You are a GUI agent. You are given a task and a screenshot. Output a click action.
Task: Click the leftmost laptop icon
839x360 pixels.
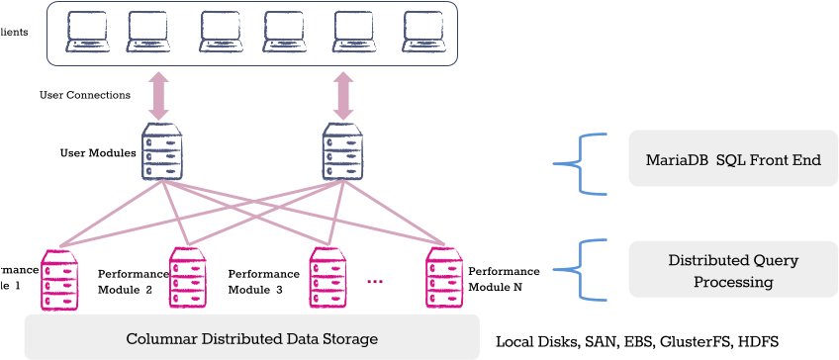tap(87, 32)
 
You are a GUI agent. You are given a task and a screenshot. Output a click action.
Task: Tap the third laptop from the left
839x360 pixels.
tap(220, 32)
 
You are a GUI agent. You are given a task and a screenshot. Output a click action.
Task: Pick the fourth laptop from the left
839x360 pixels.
tap(283, 32)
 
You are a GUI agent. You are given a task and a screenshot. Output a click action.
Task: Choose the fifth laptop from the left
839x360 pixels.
tap(353, 32)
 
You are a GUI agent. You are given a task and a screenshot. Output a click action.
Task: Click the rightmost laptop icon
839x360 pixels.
tap(422, 32)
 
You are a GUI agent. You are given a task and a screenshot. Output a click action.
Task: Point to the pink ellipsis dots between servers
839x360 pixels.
tap(375, 283)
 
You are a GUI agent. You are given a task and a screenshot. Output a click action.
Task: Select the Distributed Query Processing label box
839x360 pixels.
tap(732, 271)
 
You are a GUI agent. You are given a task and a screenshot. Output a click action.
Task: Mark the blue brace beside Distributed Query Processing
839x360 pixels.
tap(577, 269)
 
